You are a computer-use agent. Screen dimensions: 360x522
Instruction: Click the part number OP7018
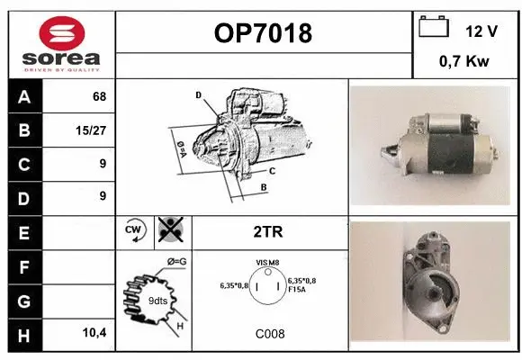click(x=263, y=34)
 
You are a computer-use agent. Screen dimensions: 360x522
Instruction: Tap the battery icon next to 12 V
click(x=434, y=28)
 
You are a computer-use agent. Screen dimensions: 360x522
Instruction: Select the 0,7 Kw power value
click(x=464, y=62)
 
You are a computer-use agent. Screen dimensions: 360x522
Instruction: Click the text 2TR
click(x=267, y=231)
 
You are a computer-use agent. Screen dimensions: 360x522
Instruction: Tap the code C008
click(x=268, y=334)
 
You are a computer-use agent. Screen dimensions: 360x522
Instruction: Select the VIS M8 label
click(x=268, y=263)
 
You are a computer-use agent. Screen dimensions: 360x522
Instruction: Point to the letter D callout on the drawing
click(x=199, y=94)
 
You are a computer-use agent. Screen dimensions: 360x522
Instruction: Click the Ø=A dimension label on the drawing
click(x=180, y=148)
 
